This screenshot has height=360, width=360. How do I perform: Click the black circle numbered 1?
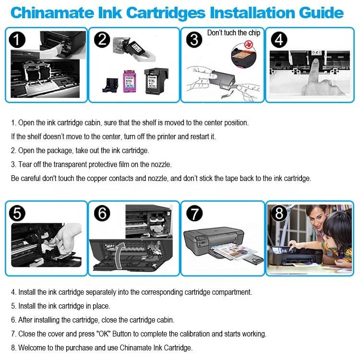[17, 40]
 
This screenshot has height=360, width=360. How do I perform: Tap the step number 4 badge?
[279, 40]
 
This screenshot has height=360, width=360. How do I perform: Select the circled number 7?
[194, 214]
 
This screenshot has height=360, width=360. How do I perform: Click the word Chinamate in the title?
[52, 12]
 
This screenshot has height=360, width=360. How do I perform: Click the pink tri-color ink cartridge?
[129, 81]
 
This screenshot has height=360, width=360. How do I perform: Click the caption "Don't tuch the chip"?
[234, 33]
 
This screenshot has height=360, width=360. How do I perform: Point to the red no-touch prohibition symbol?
[248, 44]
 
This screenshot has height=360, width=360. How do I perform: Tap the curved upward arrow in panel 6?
[120, 255]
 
